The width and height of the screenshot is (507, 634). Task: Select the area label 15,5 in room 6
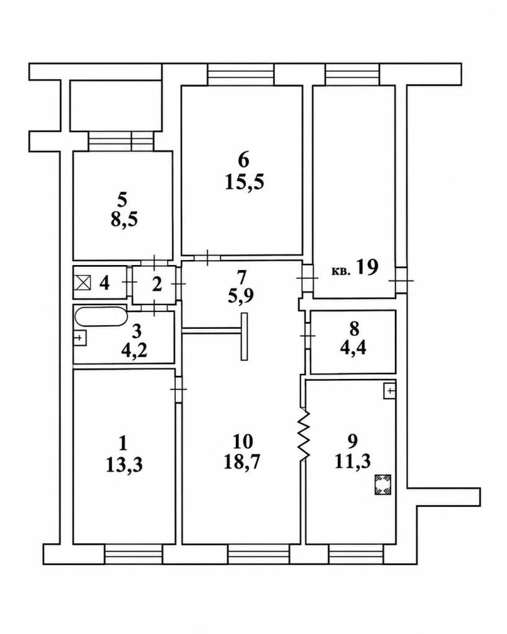pos(244,182)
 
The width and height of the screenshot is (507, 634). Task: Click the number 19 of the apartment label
pos(367,267)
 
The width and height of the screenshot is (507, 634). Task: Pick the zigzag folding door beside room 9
pos(304,435)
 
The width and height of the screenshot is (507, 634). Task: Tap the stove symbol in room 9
pos(383,485)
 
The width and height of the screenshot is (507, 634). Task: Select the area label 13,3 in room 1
pos(124,465)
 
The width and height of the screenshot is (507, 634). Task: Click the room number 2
pos(157,285)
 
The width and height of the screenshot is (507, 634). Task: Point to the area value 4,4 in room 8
pos(353,347)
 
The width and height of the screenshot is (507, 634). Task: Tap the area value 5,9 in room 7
pos(241,297)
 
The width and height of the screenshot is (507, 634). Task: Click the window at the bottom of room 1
pos(134,554)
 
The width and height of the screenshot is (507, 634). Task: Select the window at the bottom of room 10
pos(258,554)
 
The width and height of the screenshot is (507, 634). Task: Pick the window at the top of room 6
pos(241,75)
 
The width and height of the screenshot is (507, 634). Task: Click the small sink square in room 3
pos(80,337)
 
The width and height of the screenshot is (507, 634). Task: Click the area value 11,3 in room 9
pos(353,461)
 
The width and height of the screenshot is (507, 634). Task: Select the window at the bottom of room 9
pos(356,554)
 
